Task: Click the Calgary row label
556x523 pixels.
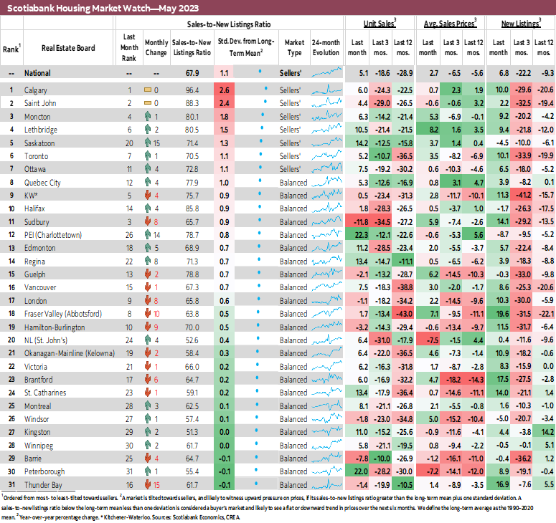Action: pos(36,90)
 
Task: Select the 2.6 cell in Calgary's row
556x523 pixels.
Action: pos(224,90)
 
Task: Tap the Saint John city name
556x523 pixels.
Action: pos(40,103)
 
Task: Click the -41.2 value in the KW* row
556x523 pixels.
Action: pos(523,195)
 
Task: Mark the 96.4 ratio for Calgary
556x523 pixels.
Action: pos(192,90)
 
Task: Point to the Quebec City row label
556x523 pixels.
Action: pos(42,182)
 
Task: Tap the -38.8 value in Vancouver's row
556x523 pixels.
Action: pos(405,287)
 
